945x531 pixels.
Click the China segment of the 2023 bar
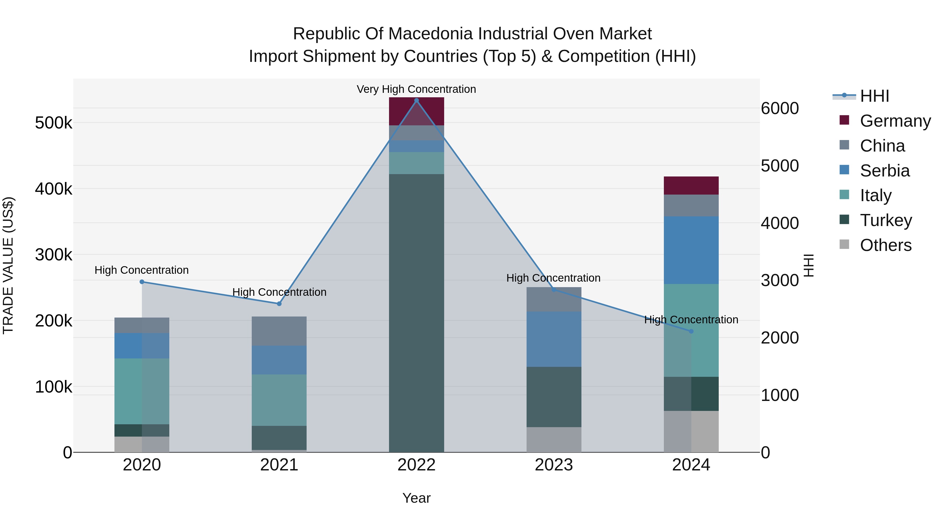click(554, 300)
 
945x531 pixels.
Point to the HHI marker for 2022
click(416, 100)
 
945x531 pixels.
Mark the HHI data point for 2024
click(691, 331)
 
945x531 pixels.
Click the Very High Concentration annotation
click(416, 89)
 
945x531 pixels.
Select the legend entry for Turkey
click(886, 220)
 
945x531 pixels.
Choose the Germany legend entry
click(895, 121)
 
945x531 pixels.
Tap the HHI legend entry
click(874, 96)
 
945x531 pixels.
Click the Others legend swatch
click(844, 244)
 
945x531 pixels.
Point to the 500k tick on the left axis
click(54, 123)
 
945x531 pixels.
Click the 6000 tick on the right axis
click(780, 109)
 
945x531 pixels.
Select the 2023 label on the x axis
click(554, 465)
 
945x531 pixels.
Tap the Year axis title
click(416, 498)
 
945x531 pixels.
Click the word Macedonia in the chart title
click(431, 34)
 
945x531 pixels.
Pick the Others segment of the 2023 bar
click(554, 439)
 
